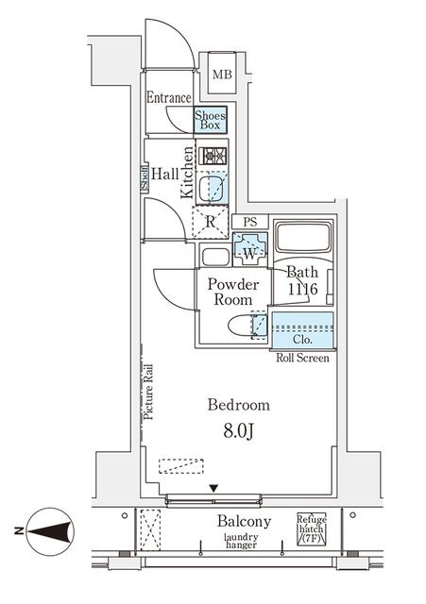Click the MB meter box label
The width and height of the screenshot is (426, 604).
(x=222, y=74)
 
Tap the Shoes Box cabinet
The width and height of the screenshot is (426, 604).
(x=210, y=120)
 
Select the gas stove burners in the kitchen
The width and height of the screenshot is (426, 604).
(x=213, y=156)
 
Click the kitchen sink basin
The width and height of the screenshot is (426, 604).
(x=211, y=187)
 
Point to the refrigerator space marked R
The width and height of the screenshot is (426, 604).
(x=210, y=223)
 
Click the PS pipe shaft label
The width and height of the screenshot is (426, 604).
(x=250, y=222)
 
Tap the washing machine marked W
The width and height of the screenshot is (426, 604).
(x=249, y=249)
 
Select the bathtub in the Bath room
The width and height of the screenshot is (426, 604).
(x=303, y=237)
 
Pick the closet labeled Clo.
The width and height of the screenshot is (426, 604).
(x=302, y=329)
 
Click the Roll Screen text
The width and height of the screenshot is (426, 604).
(x=302, y=358)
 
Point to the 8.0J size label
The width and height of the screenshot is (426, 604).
(x=239, y=432)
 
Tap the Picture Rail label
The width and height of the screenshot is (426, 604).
(x=148, y=392)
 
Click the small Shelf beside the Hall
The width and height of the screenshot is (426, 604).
(x=145, y=178)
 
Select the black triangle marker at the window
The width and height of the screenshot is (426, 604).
(x=213, y=489)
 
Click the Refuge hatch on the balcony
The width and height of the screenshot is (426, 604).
(x=312, y=528)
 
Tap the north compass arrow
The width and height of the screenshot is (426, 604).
(x=50, y=531)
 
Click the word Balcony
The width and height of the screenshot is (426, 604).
(x=244, y=522)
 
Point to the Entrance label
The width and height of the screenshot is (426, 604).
(x=169, y=97)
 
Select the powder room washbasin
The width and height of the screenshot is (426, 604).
(x=216, y=257)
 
